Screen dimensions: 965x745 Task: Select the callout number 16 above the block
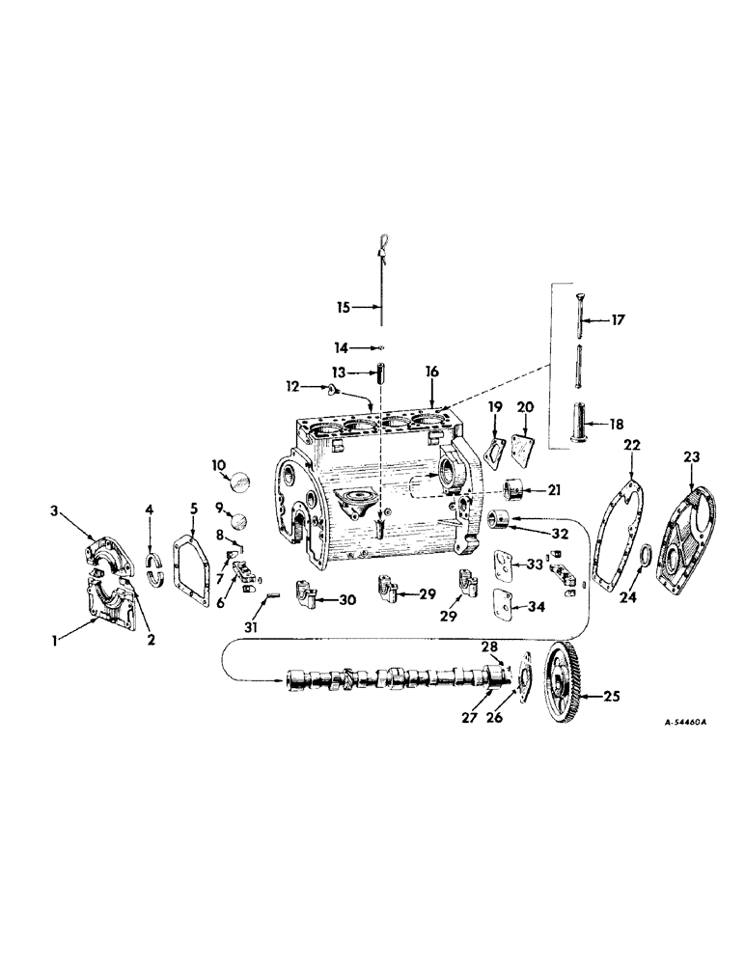pyautogui.click(x=432, y=371)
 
